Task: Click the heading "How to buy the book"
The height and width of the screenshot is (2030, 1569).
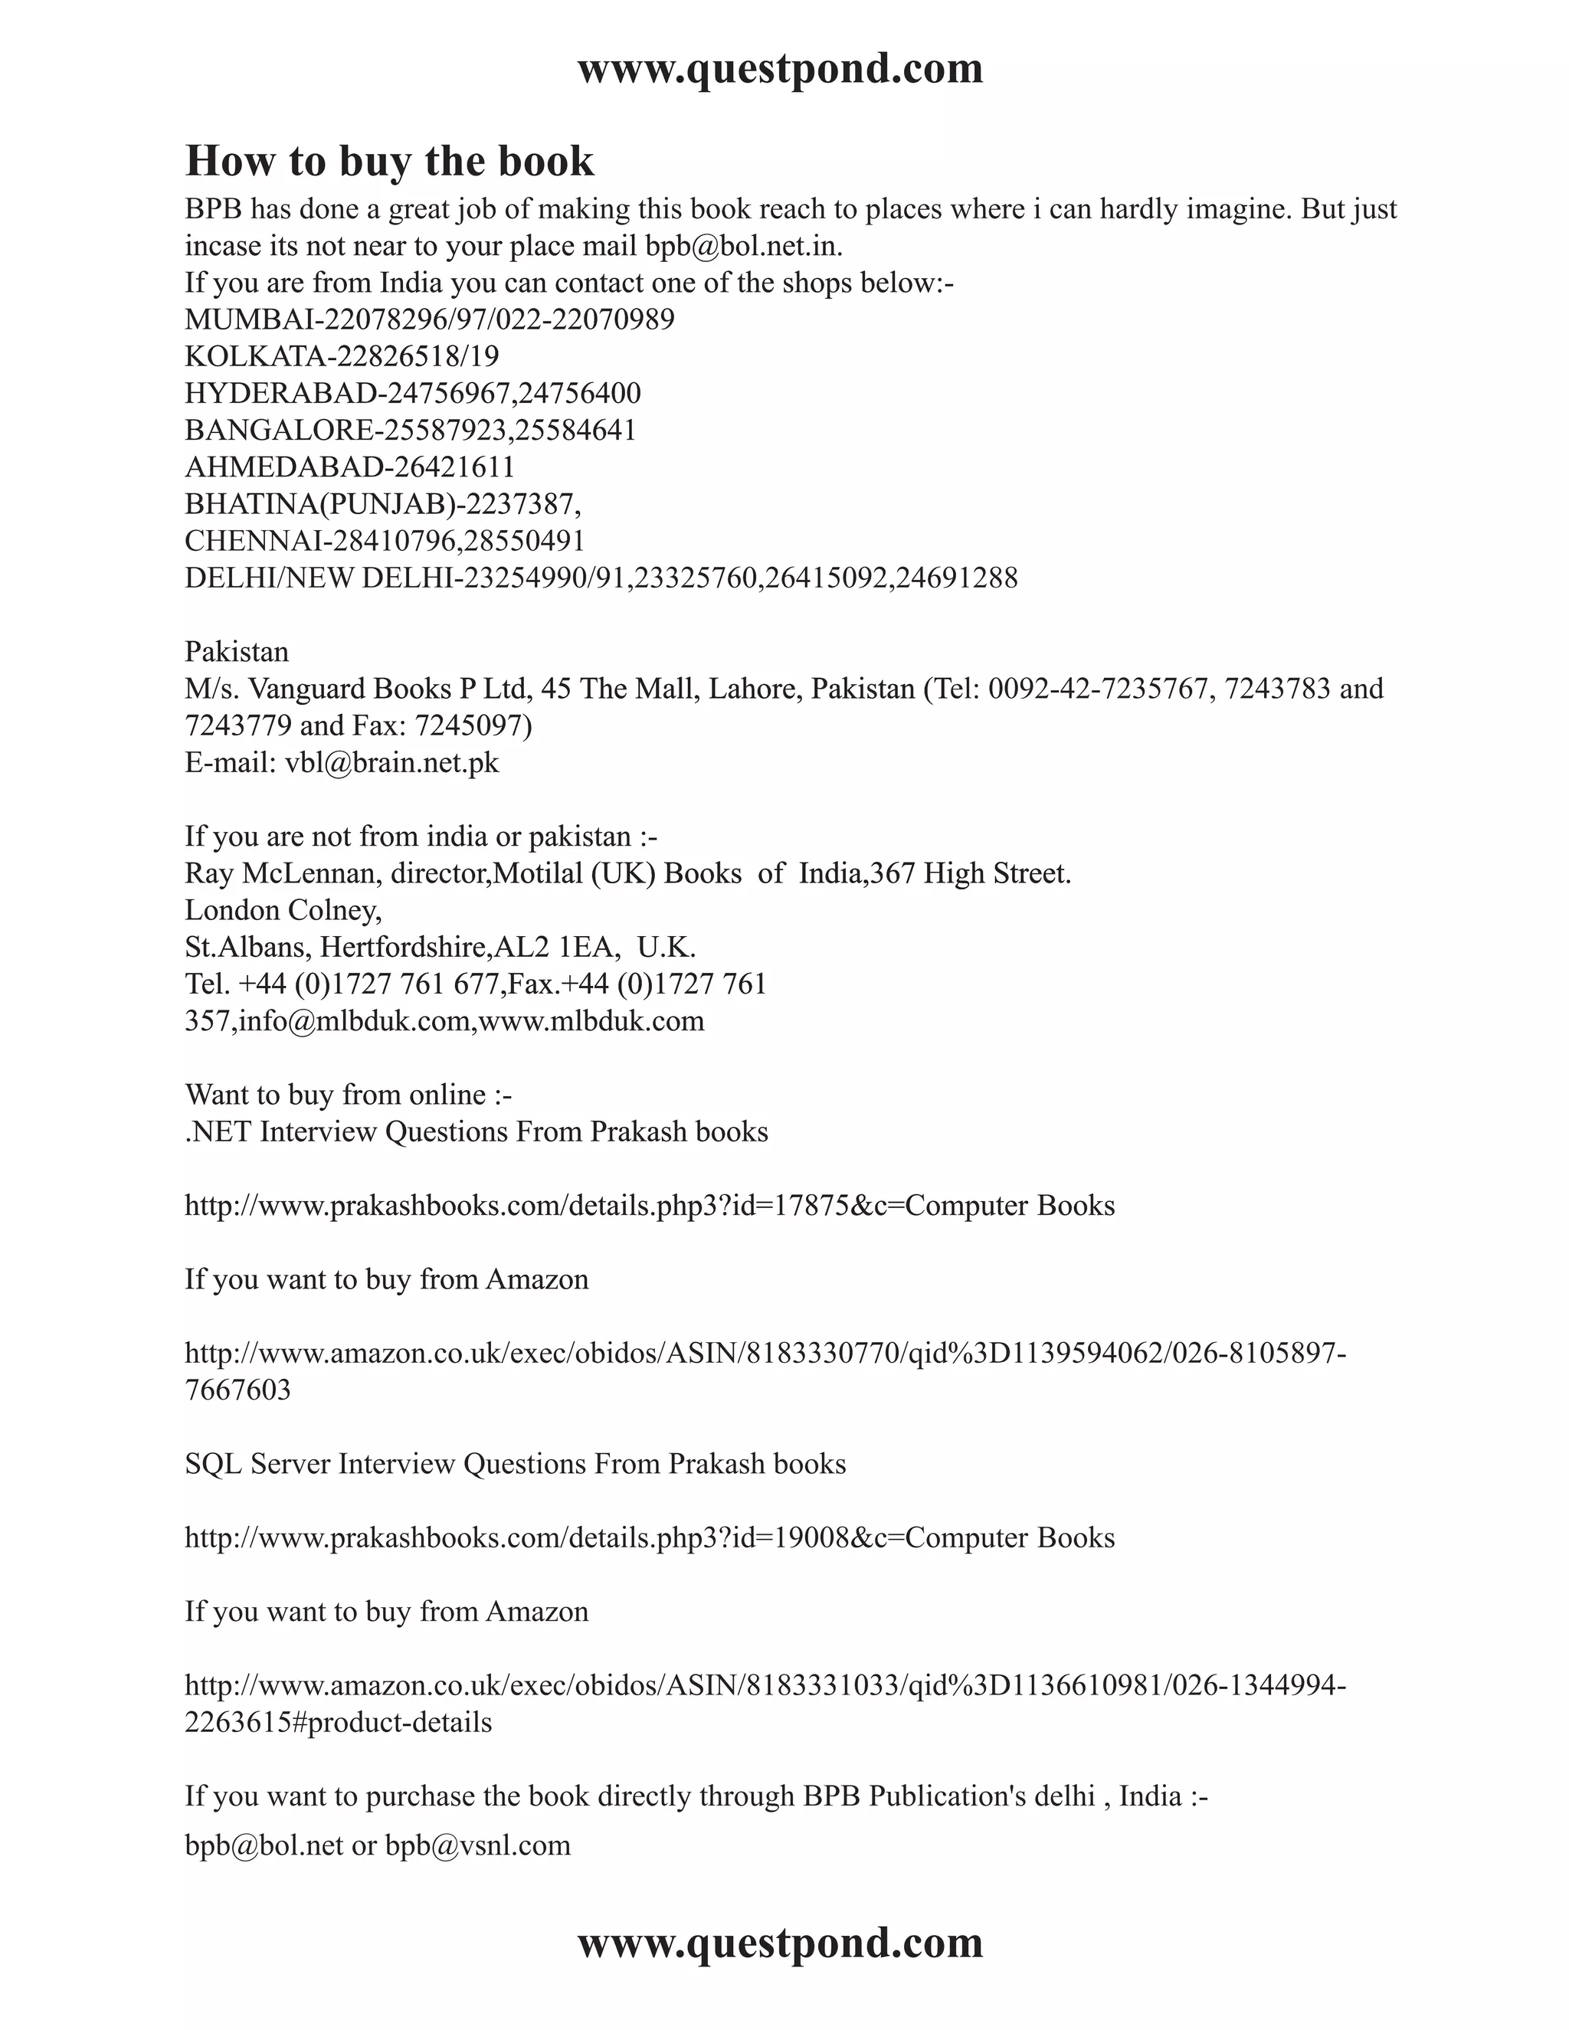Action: pyautogui.click(x=389, y=161)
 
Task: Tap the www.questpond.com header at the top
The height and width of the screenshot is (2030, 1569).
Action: pyautogui.click(x=780, y=69)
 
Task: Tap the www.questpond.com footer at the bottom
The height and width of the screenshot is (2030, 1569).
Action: pyautogui.click(x=780, y=1942)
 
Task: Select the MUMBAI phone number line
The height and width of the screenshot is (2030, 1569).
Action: pyautogui.click(x=430, y=319)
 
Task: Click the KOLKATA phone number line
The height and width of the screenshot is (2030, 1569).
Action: pyautogui.click(x=342, y=356)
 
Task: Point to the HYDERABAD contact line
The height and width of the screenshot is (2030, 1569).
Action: pyautogui.click(x=413, y=393)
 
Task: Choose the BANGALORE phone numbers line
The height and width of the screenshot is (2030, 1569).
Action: pyautogui.click(x=410, y=431)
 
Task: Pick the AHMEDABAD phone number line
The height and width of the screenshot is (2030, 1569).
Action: pyautogui.click(x=349, y=467)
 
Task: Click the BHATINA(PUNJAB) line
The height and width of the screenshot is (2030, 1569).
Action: pyautogui.click(x=383, y=504)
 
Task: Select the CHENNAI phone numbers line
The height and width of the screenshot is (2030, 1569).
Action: pyautogui.click(x=385, y=541)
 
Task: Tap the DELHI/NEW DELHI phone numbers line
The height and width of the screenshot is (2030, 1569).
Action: pyautogui.click(x=601, y=578)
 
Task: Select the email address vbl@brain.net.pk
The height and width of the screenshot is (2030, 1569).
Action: pyautogui.click(x=391, y=762)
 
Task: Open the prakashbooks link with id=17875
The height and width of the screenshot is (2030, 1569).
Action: pyautogui.click(x=650, y=1206)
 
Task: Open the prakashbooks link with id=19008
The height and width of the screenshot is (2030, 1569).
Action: pyautogui.click(x=650, y=1537)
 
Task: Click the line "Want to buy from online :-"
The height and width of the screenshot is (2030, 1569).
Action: pyautogui.click(x=349, y=1094)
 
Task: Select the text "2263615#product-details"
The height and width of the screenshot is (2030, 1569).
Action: pyautogui.click(x=339, y=1722)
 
